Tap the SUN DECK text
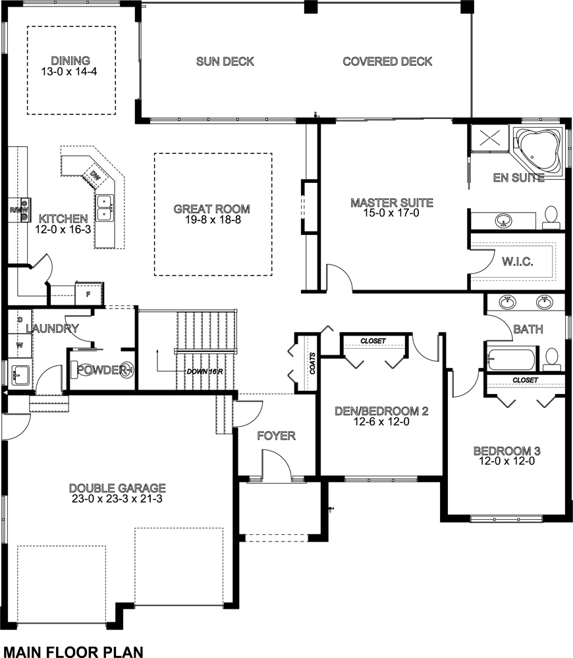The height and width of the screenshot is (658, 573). tap(225, 62)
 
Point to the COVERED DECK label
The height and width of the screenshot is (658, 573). tap(387, 62)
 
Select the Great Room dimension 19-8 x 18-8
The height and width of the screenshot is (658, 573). tap(211, 220)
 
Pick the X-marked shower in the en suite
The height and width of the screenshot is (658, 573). tap(489, 139)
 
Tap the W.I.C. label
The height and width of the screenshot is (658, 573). tap(518, 262)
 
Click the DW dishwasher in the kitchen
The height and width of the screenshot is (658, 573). tap(95, 176)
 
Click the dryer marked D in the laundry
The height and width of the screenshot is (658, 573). tap(20, 319)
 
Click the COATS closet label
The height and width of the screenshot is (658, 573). tap(312, 363)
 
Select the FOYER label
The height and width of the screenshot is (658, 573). tap(276, 436)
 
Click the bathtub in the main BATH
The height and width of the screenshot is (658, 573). tap(512, 360)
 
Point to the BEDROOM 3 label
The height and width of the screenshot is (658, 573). tap(507, 451)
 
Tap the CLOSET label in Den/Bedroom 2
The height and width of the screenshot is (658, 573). tap(373, 341)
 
